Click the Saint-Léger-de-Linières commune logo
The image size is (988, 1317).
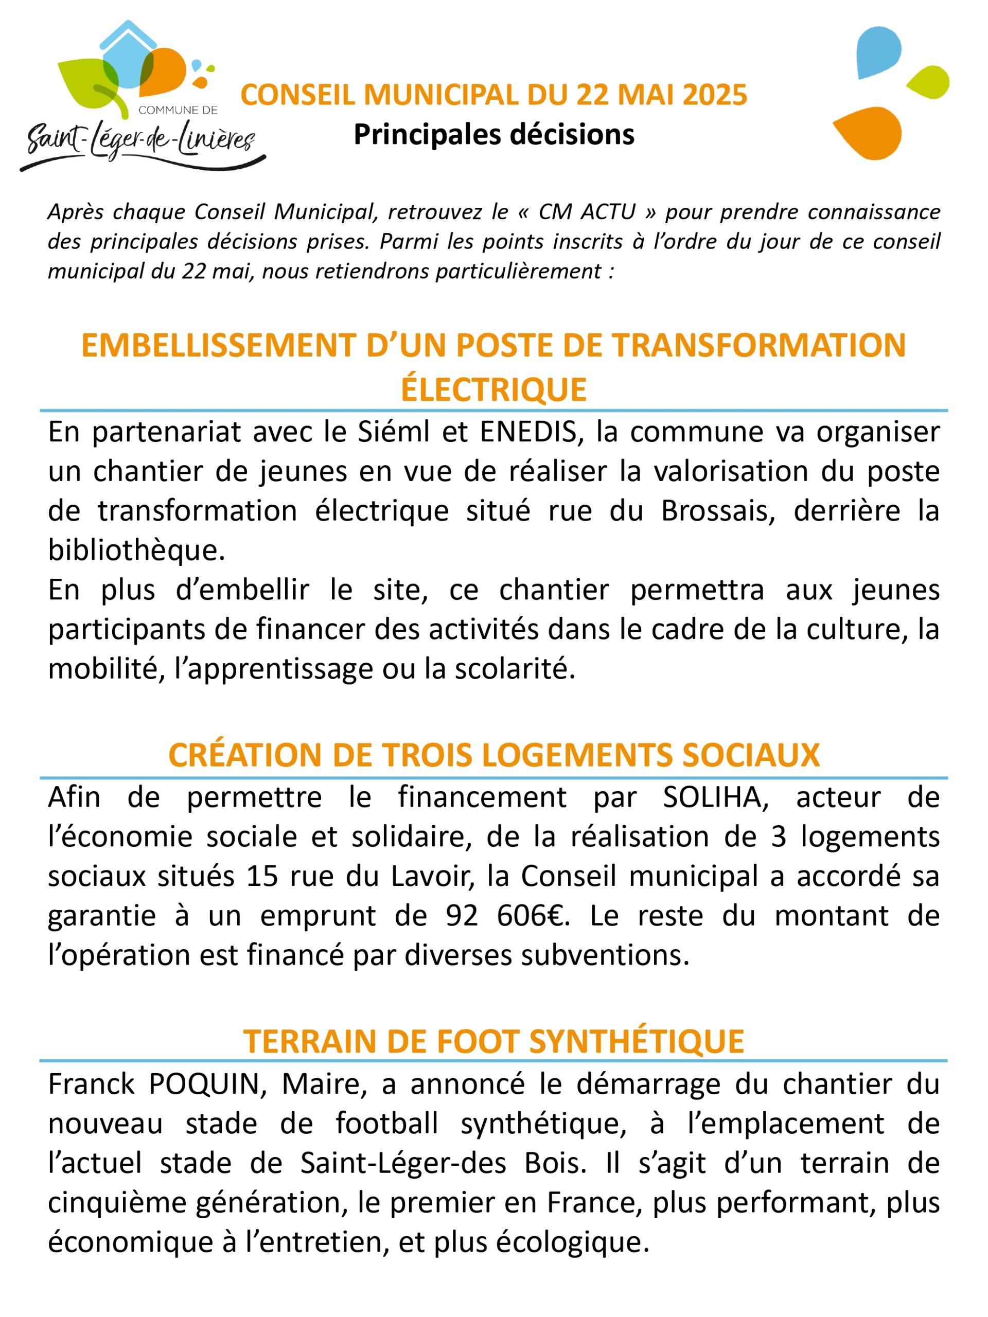(140, 98)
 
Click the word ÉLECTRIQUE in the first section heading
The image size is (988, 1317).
(493, 390)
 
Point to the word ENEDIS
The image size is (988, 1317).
(528, 433)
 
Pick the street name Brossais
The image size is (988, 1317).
(718, 511)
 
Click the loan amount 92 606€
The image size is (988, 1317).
(507, 916)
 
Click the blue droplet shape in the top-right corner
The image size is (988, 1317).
(878, 52)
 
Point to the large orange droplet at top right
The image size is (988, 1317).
(867, 132)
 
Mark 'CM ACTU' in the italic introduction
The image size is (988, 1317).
(587, 212)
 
